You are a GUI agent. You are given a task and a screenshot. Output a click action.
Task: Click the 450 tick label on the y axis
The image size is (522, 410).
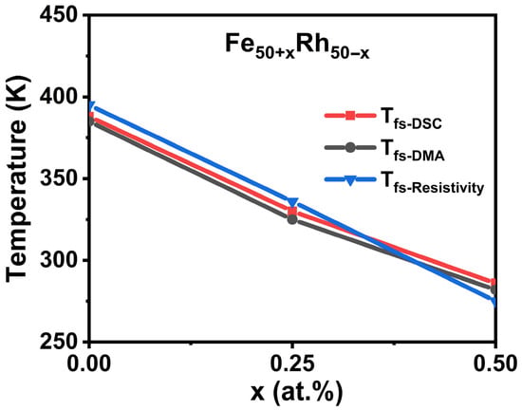pos(60,15)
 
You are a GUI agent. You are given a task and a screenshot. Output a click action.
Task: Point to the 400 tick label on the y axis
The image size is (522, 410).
pos(60,97)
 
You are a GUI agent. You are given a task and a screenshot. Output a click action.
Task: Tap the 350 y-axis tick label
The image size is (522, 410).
pos(60,178)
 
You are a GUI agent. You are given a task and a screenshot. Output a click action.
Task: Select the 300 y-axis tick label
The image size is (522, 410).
pos(60,260)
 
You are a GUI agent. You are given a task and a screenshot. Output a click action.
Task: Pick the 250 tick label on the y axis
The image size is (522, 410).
pos(60,341)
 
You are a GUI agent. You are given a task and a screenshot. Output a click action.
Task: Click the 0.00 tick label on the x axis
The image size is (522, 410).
pos(88,364)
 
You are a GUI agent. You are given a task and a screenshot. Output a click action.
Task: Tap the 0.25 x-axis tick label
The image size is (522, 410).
pos(292,364)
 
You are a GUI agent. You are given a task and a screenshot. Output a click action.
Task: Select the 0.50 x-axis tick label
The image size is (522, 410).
pos(495,364)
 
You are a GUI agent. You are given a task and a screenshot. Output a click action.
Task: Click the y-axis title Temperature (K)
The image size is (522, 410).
pos(17,178)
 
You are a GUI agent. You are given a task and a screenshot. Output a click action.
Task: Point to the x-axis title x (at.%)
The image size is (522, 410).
pos(296,393)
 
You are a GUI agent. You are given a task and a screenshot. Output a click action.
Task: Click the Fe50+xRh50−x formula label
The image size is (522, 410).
pos(297,47)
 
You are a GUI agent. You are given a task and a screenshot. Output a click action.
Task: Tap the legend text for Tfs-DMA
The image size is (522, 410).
pos(412,151)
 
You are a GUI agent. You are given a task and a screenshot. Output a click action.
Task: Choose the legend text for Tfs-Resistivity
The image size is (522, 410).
pos(432,183)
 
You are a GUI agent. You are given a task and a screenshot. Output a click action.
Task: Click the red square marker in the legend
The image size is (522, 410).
pos(350,116)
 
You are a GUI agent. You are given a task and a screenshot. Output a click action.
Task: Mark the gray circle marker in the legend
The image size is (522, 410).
pos(350,147)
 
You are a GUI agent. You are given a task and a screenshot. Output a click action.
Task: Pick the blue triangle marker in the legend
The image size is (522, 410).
pos(350,180)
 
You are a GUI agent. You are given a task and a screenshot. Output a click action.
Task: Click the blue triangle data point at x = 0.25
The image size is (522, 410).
pos(292,202)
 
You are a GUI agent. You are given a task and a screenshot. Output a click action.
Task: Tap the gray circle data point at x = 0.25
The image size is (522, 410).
pos(292,219)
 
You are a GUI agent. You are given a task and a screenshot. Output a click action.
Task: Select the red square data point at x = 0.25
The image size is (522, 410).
pos(292,211)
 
